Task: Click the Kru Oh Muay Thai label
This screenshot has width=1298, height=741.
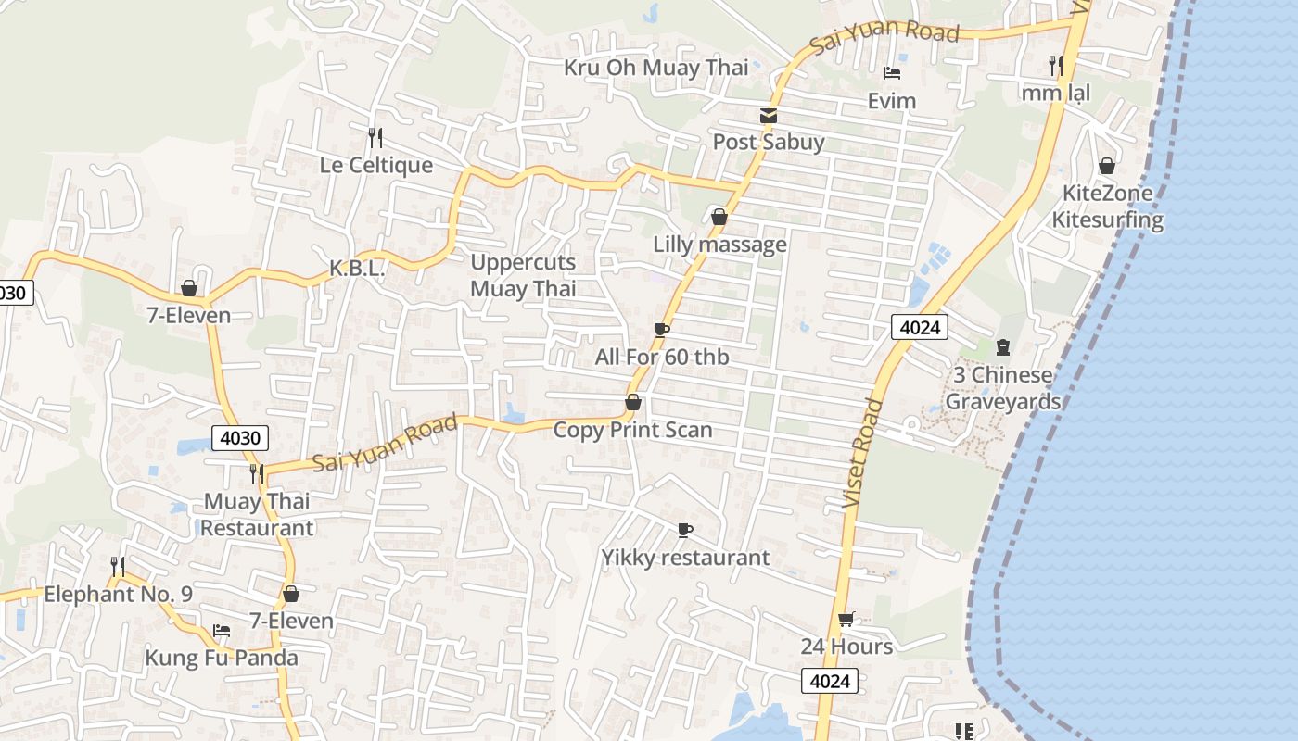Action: point(656,68)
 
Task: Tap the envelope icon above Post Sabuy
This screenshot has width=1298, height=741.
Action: point(769,116)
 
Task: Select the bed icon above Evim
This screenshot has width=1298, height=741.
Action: point(892,73)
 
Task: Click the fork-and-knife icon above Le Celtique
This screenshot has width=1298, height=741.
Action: point(375,138)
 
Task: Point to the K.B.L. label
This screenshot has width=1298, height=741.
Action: point(357,269)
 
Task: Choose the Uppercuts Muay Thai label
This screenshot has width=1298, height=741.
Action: point(523,275)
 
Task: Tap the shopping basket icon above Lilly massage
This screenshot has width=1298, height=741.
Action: point(719,217)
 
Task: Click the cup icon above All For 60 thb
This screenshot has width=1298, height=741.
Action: point(662,330)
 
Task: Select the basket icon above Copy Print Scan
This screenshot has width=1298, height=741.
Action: point(633,402)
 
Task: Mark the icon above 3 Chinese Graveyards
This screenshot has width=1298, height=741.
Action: point(1002,347)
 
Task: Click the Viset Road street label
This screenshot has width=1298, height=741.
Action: point(860,454)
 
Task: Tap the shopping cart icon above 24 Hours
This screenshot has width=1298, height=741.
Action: point(846,619)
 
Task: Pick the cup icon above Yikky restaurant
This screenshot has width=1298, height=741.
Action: point(685,530)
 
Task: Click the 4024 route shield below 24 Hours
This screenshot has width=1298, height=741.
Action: point(830,682)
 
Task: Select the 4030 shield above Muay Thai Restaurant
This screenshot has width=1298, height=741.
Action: point(240,438)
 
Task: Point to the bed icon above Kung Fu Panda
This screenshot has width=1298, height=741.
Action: point(222,631)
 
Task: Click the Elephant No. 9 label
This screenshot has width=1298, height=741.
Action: point(119,595)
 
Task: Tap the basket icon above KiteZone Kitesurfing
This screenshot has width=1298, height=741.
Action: point(1106,166)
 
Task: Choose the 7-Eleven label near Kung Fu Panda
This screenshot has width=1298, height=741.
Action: point(291,621)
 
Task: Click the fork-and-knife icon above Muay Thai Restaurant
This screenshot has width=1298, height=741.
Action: point(257,474)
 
